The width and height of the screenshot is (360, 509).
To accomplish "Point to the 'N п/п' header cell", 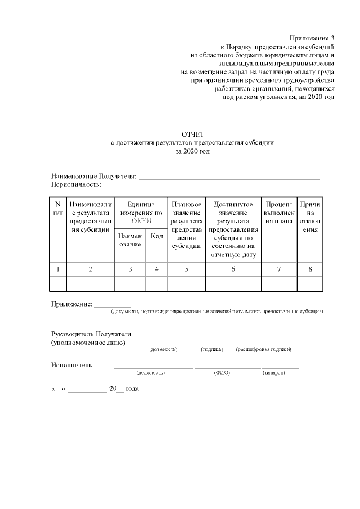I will (x=58, y=209).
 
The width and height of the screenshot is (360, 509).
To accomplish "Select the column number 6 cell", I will (x=233, y=269).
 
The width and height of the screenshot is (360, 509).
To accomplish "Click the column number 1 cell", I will (x=58, y=269).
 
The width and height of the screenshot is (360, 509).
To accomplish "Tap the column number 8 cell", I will (x=310, y=269).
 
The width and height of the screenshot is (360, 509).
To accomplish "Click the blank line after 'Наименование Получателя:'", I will (x=229, y=178).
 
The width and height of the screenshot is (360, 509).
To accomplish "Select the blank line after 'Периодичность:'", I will (x=211, y=186).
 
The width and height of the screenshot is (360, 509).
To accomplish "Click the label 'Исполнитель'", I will (x=71, y=365).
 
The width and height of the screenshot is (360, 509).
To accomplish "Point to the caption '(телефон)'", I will (x=274, y=373).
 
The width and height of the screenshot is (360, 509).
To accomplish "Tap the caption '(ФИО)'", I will (x=222, y=373).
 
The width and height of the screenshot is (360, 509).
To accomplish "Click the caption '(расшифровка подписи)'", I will (x=264, y=350).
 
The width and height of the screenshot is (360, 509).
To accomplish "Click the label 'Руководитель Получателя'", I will (x=91, y=334).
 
